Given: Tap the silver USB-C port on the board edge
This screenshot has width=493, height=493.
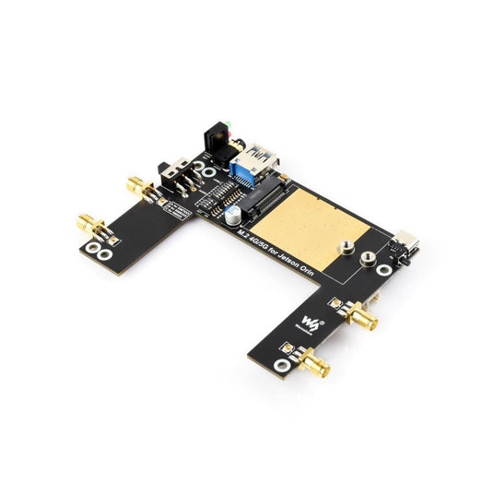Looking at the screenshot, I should (x=406, y=241).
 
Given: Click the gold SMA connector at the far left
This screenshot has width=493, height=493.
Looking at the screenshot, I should (x=90, y=224).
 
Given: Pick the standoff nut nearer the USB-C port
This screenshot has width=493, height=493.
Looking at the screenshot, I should (x=368, y=261).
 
